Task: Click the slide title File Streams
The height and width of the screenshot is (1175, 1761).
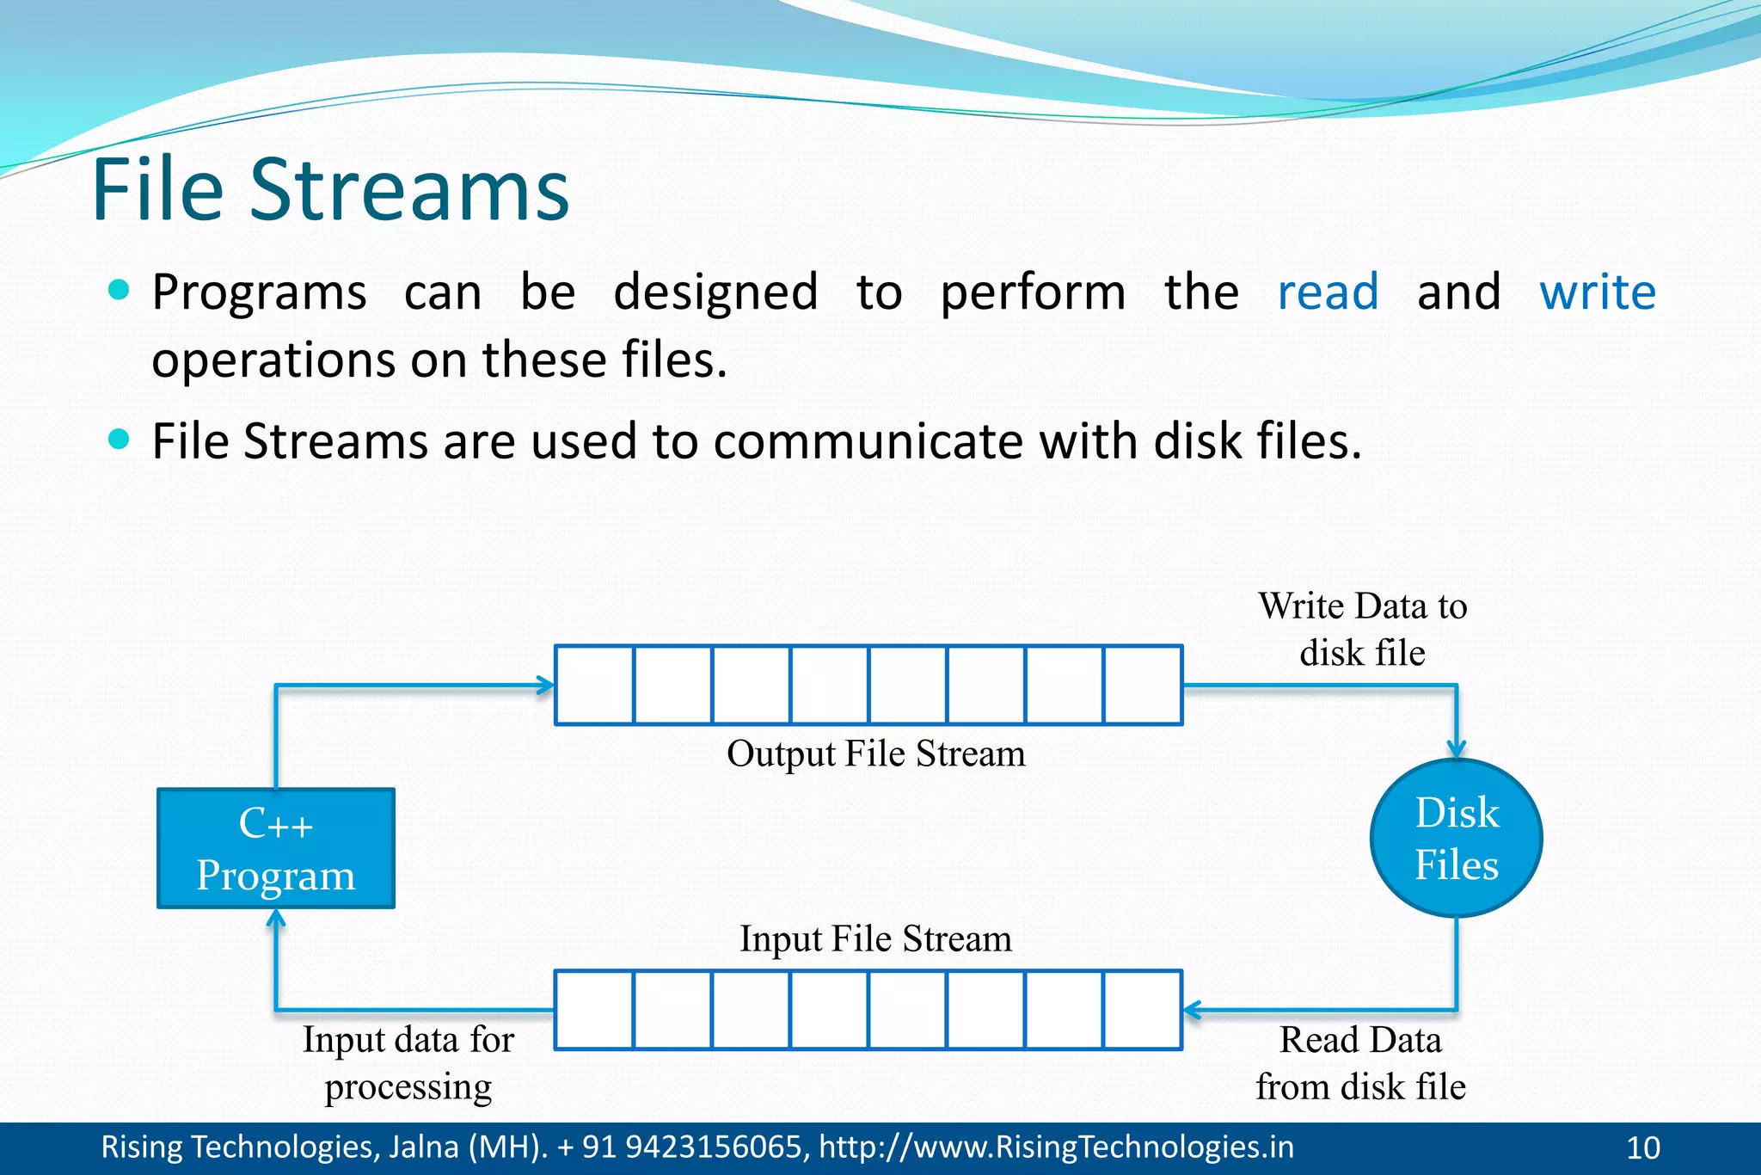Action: point(330,189)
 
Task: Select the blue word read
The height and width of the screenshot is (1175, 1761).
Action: point(1328,292)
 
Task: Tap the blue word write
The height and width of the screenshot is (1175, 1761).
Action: point(1597,292)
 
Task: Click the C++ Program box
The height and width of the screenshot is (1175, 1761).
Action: point(276,848)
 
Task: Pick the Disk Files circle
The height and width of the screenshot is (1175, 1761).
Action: point(1456,838)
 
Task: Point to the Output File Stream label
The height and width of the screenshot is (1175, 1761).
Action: point(875,754)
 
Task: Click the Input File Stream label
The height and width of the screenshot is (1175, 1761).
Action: point(875,938)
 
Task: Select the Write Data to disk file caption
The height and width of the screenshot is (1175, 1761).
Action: point(1362,629)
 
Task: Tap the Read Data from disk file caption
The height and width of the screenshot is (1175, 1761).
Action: point(1360,1063)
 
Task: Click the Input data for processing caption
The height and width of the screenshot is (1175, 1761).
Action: point(408,1063)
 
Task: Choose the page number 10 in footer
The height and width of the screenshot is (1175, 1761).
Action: point(1643,1148)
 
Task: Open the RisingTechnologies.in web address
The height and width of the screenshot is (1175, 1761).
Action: point(1056,1147)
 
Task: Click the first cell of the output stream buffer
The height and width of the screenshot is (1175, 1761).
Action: point(594,685)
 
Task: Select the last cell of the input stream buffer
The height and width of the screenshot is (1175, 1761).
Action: point(1143,1010)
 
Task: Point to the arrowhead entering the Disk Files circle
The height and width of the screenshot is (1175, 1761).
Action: point(1456,749)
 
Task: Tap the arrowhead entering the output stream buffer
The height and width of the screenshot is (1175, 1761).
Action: point(545,686)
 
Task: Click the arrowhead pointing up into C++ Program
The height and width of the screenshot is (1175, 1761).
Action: point(276,920)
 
